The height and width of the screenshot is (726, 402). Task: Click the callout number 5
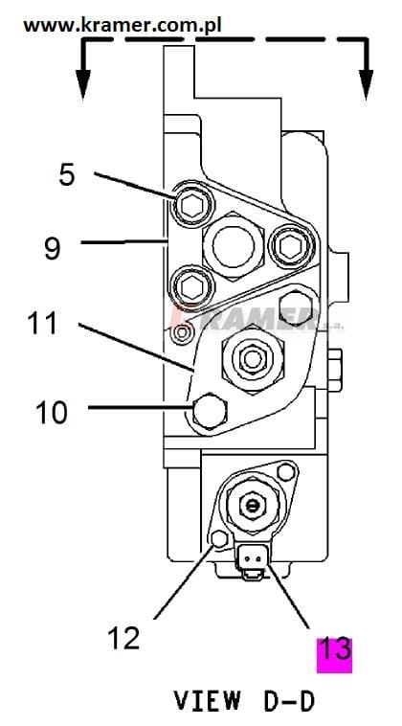click(67, 176)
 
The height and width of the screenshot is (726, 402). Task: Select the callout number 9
click(53, 248)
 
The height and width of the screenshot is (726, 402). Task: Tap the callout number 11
click(42, 322)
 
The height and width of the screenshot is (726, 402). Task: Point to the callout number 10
click(52, 413)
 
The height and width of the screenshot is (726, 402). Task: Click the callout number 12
click(123, 638)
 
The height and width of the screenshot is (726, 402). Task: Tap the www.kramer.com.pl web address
click(123, 25)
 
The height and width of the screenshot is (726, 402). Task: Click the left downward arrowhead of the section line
click(83, 84)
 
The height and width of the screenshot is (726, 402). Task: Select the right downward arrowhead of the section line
click(367, 84)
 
